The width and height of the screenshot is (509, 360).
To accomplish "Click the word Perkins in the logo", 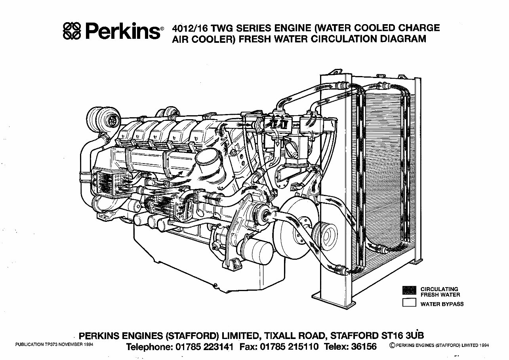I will click(121, 31).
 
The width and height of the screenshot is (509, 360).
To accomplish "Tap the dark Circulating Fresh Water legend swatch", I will click(409, 290).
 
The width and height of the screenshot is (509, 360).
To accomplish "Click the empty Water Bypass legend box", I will click(409, 303).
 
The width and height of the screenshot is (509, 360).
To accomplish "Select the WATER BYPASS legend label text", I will click(442, 304).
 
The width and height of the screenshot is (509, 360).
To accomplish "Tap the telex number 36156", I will click(362, 347).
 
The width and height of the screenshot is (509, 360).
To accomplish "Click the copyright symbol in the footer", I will click(392, 345).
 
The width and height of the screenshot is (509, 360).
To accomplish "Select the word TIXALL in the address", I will click(277, 335).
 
